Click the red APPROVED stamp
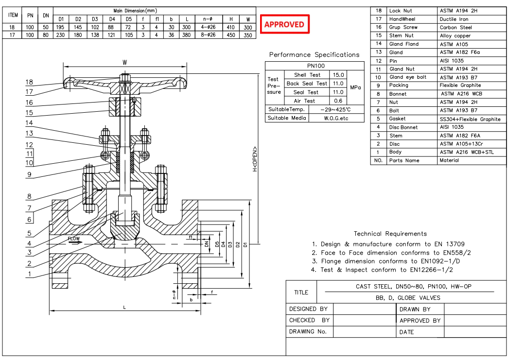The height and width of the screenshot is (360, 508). [x=284, y=24]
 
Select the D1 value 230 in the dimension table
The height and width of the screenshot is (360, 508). [x=61, y=35]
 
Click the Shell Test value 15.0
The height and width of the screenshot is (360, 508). [x=337, y=75]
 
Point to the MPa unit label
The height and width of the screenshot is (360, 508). [x=355, y=88]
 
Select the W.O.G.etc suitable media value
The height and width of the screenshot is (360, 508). [x=336, y=118]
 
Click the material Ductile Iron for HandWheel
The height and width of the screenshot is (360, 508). [x=454, y=19]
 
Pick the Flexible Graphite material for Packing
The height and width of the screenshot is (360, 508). [x=460, y=86]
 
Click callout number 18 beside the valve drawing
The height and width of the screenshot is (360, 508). [x=30, y=82]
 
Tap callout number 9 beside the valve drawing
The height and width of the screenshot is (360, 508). [x=30, y=174]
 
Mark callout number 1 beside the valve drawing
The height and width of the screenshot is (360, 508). [x=30, y=274]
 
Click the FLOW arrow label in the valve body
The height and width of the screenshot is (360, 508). [x=74, y=239]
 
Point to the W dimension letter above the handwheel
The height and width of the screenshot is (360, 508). [x=125, y=62]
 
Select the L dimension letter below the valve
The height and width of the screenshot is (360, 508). [x=124, y=307]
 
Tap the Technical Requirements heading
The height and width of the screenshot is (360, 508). [x=390, y=234]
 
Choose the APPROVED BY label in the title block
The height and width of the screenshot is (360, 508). [x=420, y=321]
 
